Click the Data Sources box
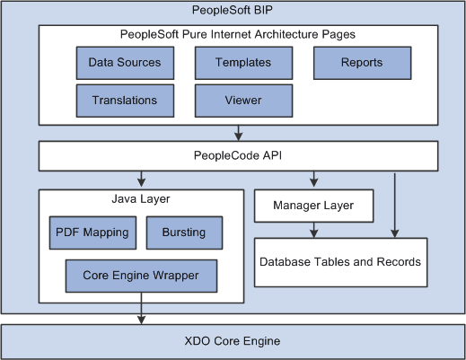(125, 64)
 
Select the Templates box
(243, 64)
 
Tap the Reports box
(362, 64)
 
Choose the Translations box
(125, 101)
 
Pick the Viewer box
(243, 101)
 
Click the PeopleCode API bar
(237, 156)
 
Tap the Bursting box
(183, 233)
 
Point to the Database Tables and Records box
(339, 262)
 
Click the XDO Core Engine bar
(233, 341)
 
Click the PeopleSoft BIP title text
(233, 11)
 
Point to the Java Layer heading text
(141, 198)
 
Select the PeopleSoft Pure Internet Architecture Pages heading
(237, 34)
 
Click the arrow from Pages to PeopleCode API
(237, 133)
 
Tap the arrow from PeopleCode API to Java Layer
(141, 179)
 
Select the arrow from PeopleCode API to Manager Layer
(312, 179)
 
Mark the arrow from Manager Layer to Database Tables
(312, 230)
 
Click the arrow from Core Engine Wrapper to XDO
(141, 309)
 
